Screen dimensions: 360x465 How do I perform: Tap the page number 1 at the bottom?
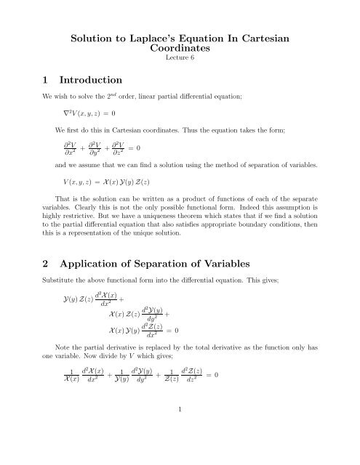tap(180, 450)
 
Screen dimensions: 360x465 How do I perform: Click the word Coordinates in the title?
tap(180, 49)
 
